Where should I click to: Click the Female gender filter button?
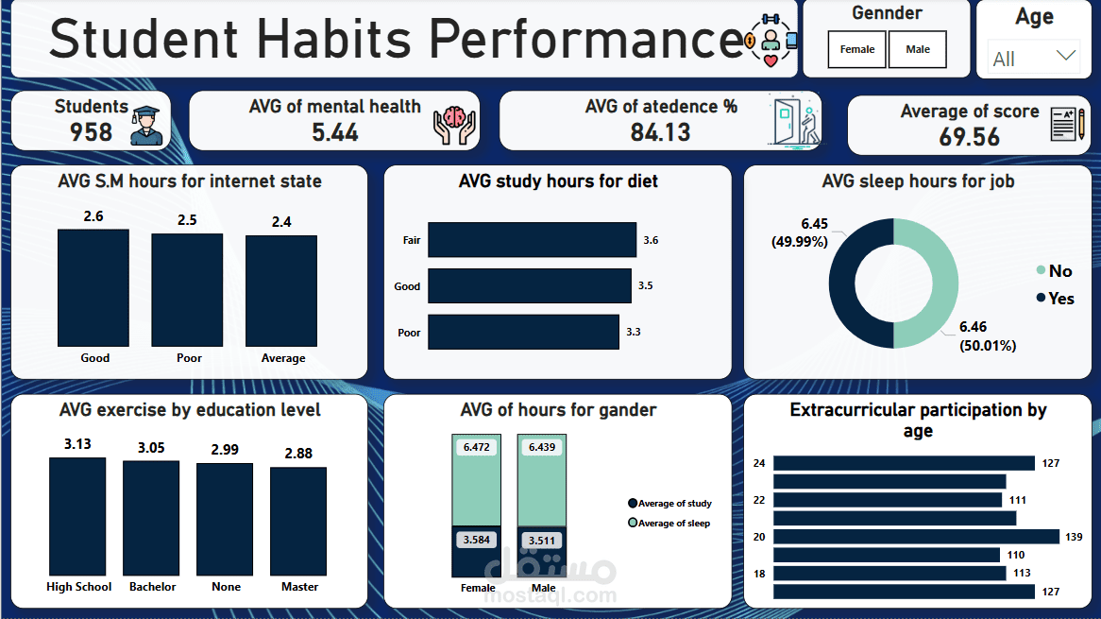point(857,50)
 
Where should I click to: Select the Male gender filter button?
point(917,50)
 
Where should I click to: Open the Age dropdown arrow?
point(1065,56)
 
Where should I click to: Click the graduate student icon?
point(146,126)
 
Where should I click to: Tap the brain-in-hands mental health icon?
point(454,125)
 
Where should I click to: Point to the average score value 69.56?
point(969,137)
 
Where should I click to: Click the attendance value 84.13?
point(660,132)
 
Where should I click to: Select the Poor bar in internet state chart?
point(187,289)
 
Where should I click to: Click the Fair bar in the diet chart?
point(532,240)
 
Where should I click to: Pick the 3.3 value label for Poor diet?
point(635,333)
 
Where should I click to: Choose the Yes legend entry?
point(1055,299)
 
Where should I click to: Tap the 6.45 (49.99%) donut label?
point(801,232)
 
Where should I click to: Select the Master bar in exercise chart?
point(298,521)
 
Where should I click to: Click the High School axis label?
point(79,587)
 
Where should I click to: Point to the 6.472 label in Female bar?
point(477,446)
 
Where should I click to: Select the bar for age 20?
point(915,537)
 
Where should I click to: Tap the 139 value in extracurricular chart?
point(1074,537)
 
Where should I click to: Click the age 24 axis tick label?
point(759,463)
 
